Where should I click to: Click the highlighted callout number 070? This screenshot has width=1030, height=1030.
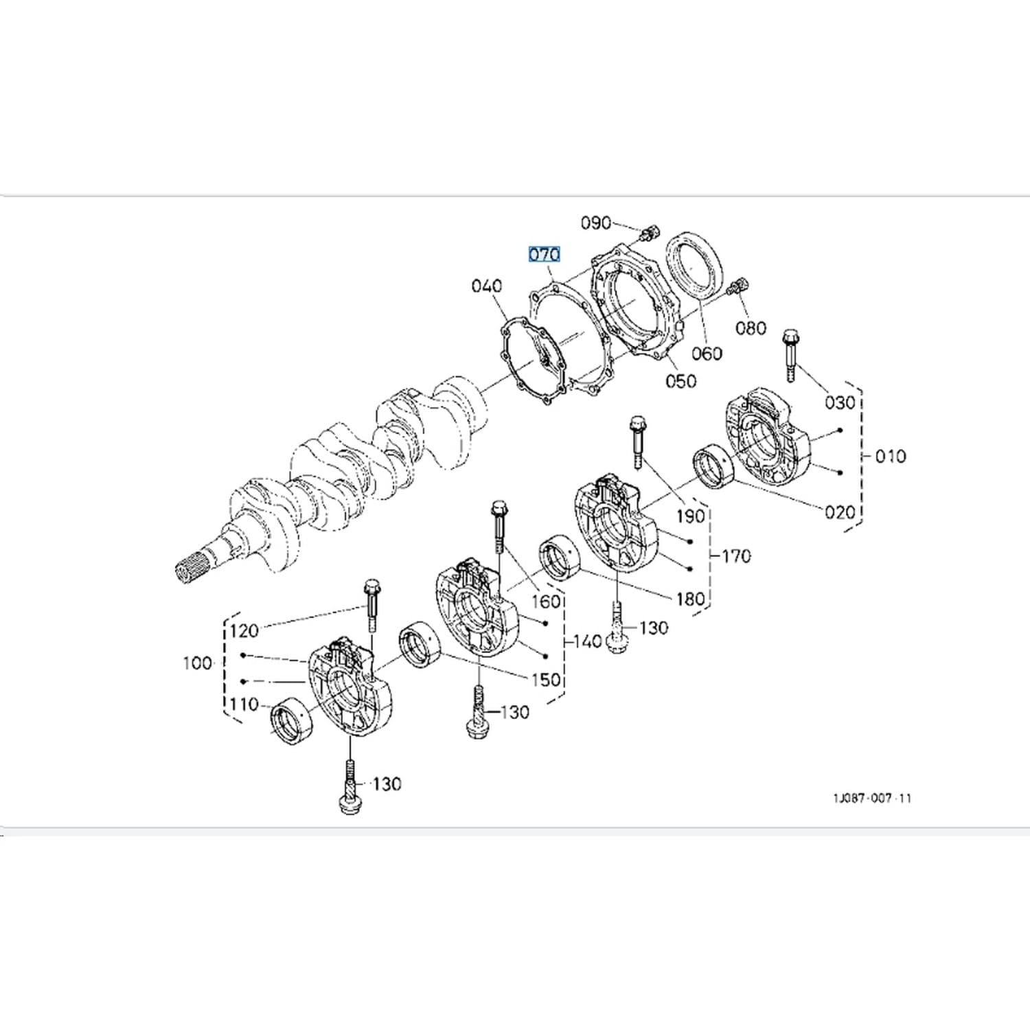[545, 255]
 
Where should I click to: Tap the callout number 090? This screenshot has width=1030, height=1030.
[595, 222]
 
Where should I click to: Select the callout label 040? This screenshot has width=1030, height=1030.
[487, 286]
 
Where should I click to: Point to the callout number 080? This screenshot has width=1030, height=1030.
[751, 328]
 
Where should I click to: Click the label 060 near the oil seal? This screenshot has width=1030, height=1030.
[707, 354]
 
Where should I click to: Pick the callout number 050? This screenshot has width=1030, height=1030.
[680, 380]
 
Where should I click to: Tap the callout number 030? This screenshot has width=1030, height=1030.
[840, 402]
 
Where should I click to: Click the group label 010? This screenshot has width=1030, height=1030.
[890, 456]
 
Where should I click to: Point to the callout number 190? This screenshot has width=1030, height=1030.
[690, 516]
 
